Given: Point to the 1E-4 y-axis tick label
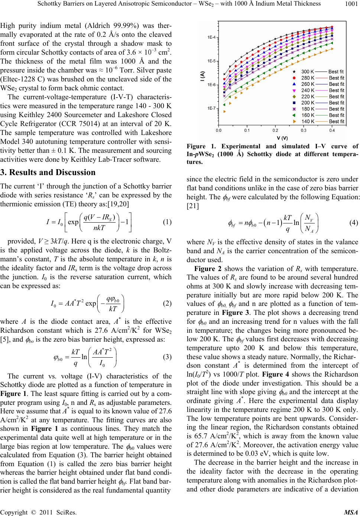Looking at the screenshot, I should coord(212,37).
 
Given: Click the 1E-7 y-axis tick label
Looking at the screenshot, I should coord(212,108).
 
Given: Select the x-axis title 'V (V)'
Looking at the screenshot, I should coord(275,138).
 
